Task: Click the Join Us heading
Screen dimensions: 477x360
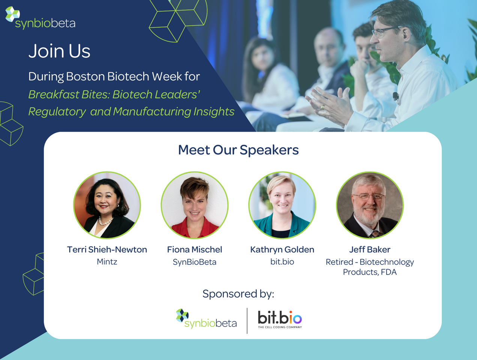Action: pyautogui.click(x=59, y=51)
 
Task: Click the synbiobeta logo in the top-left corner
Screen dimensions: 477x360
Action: pyautogui.click(x=40, y=18)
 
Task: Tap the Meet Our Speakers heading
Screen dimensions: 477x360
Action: pyautogui.click(x=238, y=150)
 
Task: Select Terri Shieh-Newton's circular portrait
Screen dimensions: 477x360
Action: pyautogui.click(x=107, y=205)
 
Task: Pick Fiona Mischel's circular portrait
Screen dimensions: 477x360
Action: pyautogui.click(x=195, y=205)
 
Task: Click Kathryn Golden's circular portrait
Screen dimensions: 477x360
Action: pyautogui.click(x=282, y=205)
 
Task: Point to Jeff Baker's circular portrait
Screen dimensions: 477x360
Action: pyautogui.click(x=370, y=205)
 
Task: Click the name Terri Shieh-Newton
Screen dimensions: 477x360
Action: pyautogui.click(x=107, y=250)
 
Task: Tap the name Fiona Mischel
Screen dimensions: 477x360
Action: pyautogui.click(x=195, y=250)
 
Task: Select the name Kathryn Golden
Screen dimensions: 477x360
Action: pyautogui.click(x=282, y=250)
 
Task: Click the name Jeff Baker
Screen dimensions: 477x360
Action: pyautogui.click(x=370, y=250)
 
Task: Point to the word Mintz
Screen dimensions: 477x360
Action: pyautogui.click(x=107, y=262)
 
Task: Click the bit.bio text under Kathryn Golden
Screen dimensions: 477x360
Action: pyautogui.click(x=282, y=262)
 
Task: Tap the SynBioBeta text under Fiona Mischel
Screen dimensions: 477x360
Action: pyautogui.click(x=195, y=262)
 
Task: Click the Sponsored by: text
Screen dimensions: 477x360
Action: pyautogui.click(x=238, y=294)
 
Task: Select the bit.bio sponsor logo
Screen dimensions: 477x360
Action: pyautogui.click(x=280, y=319)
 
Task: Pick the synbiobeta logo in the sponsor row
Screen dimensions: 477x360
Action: pyautogui.click(x=206, y=318)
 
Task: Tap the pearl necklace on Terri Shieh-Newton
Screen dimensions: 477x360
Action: pyautogui.click(x=106, y=221)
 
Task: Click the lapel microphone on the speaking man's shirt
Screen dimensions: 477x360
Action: pyautogui.click(x=396, y=96)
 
